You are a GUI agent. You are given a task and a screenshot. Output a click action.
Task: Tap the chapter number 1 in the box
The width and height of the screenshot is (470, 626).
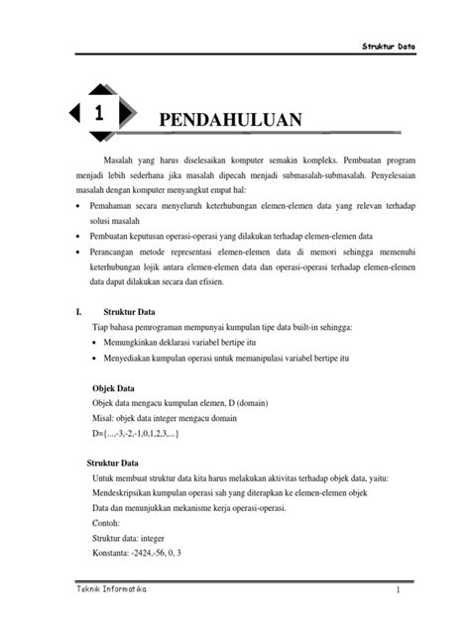coord(99,114)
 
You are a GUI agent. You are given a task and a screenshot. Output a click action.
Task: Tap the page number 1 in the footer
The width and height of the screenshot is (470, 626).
coord(395,591)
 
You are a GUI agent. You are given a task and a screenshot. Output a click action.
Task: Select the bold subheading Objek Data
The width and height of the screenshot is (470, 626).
coord(114,387)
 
